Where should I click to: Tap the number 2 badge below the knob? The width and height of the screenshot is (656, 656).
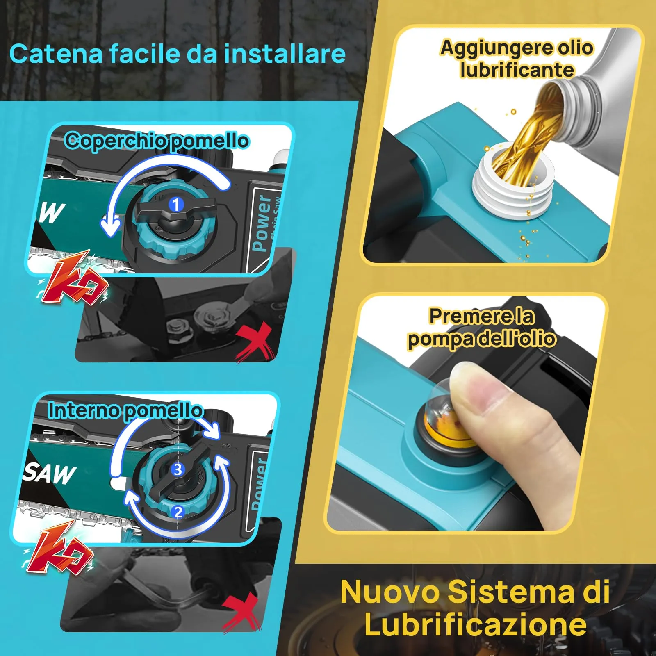click(x=178, y=512)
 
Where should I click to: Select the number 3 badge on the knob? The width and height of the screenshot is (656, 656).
click(x=178, y=469)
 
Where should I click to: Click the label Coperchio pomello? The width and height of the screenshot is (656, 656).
click(x=157, y=141)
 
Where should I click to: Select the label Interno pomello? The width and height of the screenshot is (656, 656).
click(x=125, y=410)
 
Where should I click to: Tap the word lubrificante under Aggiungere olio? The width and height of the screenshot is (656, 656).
click(x=517, y=70)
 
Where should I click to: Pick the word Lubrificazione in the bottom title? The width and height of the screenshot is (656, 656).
click(x=476, y=624)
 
